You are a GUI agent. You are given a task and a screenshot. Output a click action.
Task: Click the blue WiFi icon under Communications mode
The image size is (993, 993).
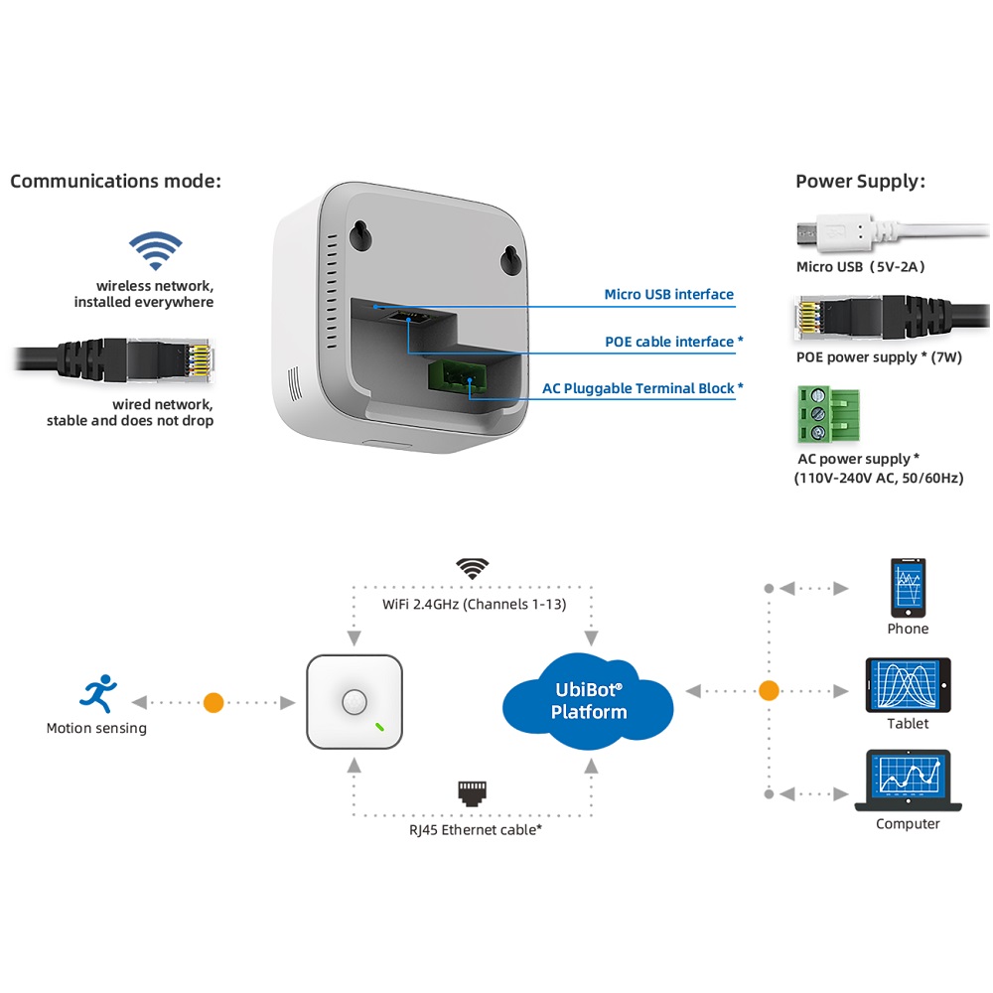[x=156, y=250]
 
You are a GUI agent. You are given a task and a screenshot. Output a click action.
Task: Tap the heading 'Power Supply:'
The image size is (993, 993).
[x=860, y=181]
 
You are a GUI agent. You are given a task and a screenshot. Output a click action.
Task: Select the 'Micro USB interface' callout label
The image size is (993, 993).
[x=668, y=294]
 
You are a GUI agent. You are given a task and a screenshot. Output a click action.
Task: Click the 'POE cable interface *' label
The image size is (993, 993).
[x=674, y=342]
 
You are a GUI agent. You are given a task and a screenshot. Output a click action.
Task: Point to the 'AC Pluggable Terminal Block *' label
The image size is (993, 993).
[x=642, y=388]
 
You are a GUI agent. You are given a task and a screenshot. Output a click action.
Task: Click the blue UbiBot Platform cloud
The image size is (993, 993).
[x=589, y=701]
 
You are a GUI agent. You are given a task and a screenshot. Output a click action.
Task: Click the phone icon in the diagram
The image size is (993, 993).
[x=908, y=586]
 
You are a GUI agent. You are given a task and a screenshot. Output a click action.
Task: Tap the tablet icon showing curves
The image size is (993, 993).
[x=908, y=683]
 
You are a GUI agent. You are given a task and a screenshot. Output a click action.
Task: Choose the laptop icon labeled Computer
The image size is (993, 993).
[x=908, y=780]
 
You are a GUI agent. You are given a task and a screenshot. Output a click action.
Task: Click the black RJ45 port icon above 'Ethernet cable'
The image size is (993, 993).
[x=473, y=791]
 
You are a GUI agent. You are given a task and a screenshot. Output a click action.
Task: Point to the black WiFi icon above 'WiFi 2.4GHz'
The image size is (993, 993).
[x=473, y=569]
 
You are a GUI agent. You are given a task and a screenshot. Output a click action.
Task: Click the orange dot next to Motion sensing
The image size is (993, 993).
[x=213, y=702]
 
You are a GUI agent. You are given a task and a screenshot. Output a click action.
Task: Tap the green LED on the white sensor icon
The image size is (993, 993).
[x=379, y=725]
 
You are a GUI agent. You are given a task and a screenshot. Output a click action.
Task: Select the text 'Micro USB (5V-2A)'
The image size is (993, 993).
[x=861, y=266]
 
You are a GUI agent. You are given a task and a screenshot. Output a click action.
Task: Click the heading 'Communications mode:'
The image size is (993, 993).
[x=115, y=181]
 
